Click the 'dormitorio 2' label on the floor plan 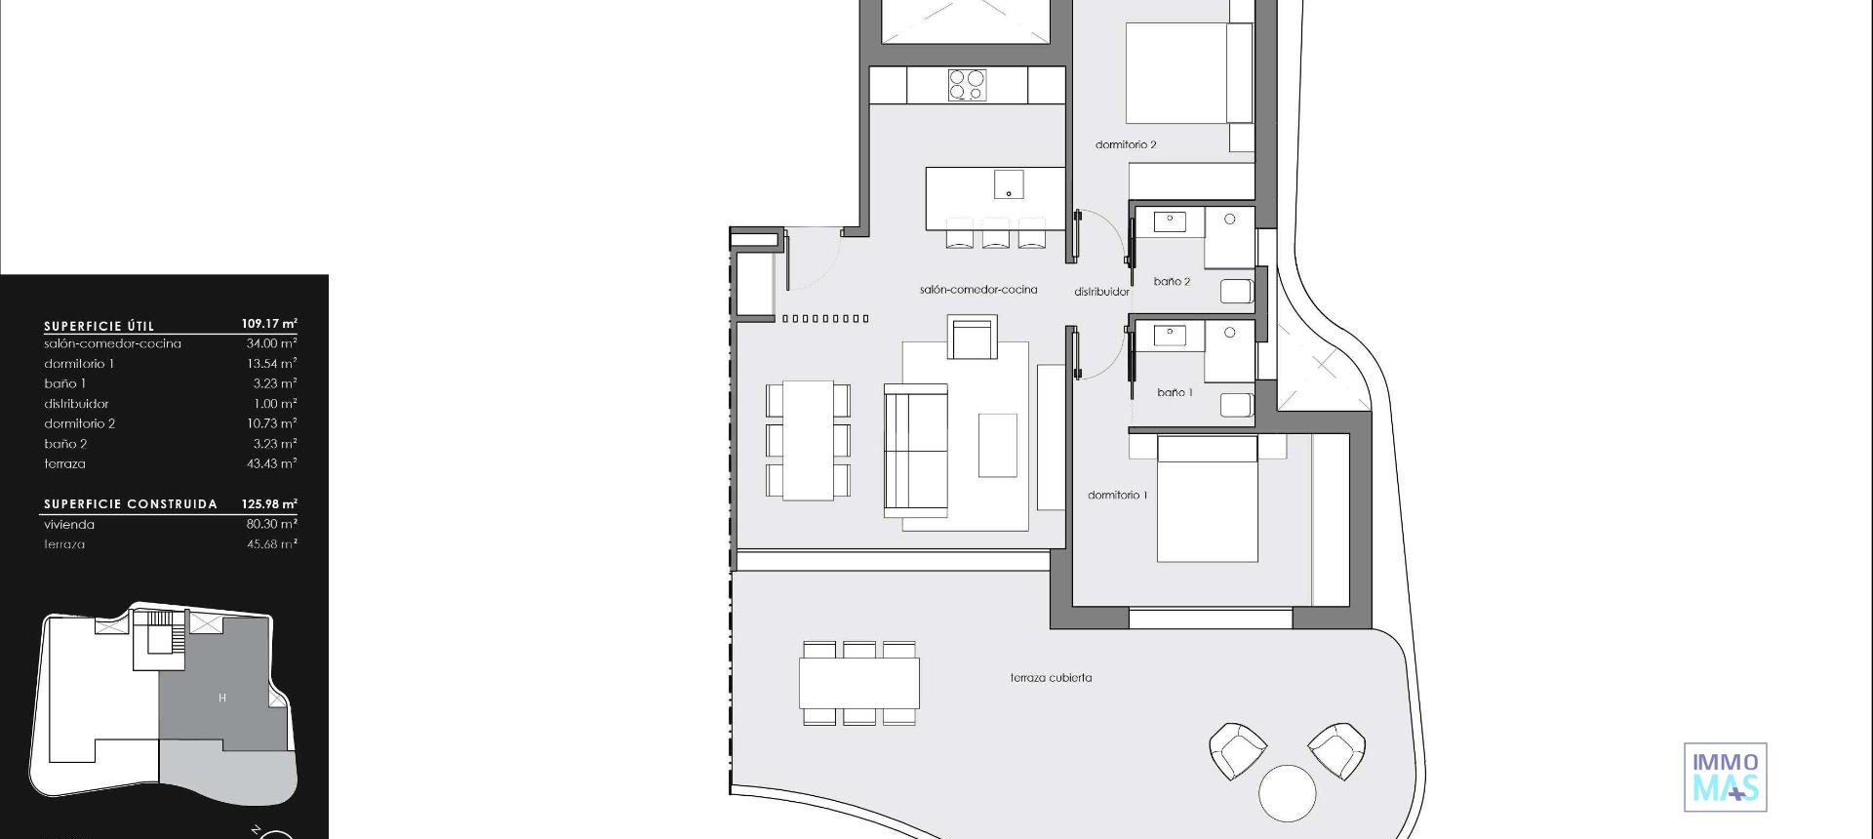tap(1126, 144)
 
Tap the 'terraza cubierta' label tap(1051, 677)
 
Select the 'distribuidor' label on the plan tap(1101, 292)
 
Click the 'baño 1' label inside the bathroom tap(1175, 392)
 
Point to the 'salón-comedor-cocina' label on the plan tap(978, 290)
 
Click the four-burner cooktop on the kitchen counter tap(967, 85)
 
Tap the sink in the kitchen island tap(1009, 184)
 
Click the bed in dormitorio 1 tap(1207, 499)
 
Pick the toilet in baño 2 tap(1236, 291)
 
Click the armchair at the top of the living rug tap(973, 339)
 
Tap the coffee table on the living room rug tap(997, 445)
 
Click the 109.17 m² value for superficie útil tap(269, 323)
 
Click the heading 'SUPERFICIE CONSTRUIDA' tap(131, 504)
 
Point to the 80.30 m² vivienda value tap(271, 524)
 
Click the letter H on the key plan tap(222, 698)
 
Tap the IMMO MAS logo tap(1725, 777)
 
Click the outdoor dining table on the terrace tap(858, 683)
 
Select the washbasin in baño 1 tap(1170, 337)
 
